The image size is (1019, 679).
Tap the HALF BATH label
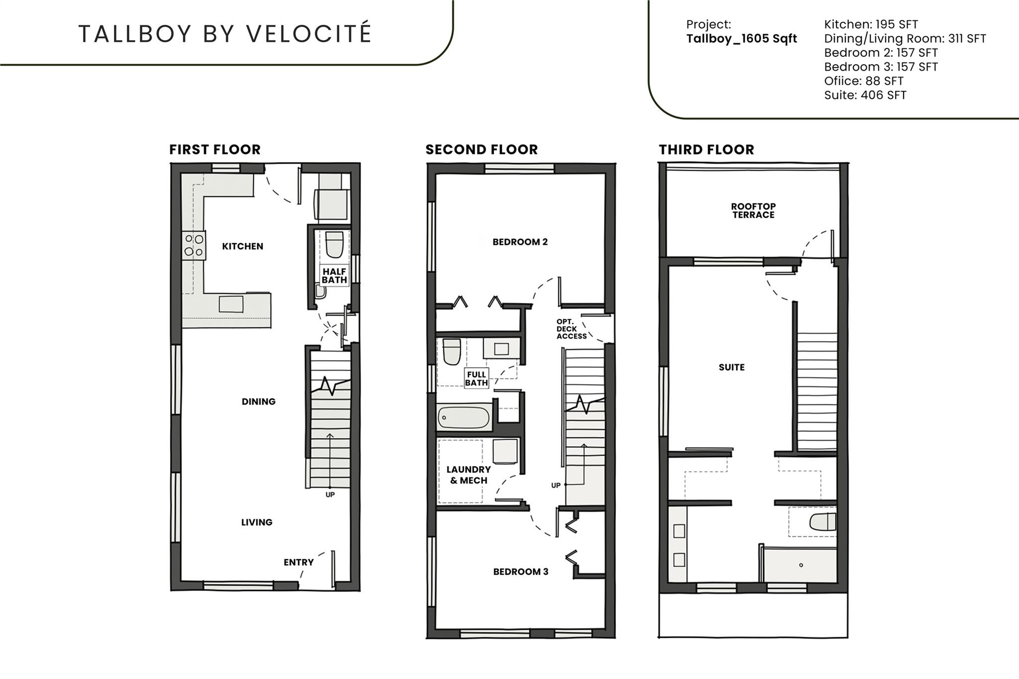click(334, 276)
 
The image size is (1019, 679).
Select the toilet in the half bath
click(334, 244)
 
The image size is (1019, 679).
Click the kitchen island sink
click(231, 304)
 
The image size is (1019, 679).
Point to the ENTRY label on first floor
click(299, 562)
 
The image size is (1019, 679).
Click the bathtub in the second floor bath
click(464, 418)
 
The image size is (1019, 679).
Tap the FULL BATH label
click(476, 378)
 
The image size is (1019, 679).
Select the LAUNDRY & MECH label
click(468, 475)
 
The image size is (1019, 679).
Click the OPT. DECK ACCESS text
click(571, 329)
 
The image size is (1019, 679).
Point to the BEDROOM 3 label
click(520, 572)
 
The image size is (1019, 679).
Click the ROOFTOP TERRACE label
click(753, 210)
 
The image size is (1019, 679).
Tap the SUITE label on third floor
click(731, 367)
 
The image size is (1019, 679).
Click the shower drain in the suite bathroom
click(801, 565)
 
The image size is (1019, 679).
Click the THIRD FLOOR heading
click(706, 149)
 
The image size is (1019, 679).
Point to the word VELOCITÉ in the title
click(308, 33)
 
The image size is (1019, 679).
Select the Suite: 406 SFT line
click(865, 95)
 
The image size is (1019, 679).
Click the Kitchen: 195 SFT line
click(871, 24)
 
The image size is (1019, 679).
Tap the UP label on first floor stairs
click(330, 494)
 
